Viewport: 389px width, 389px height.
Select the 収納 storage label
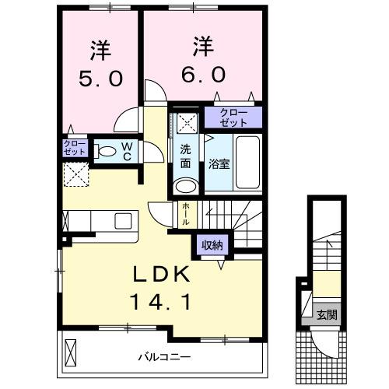pos(212,245)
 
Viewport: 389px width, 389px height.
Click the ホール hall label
pos(185,212)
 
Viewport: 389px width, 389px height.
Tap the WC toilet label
pos(127,150)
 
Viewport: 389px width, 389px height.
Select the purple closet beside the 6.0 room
pos(233,117)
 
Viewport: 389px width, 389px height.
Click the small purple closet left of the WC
pos(75,149)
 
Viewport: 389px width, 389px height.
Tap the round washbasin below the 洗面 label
pos(185,186)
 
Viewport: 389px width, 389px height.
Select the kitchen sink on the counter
pos(124,221)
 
